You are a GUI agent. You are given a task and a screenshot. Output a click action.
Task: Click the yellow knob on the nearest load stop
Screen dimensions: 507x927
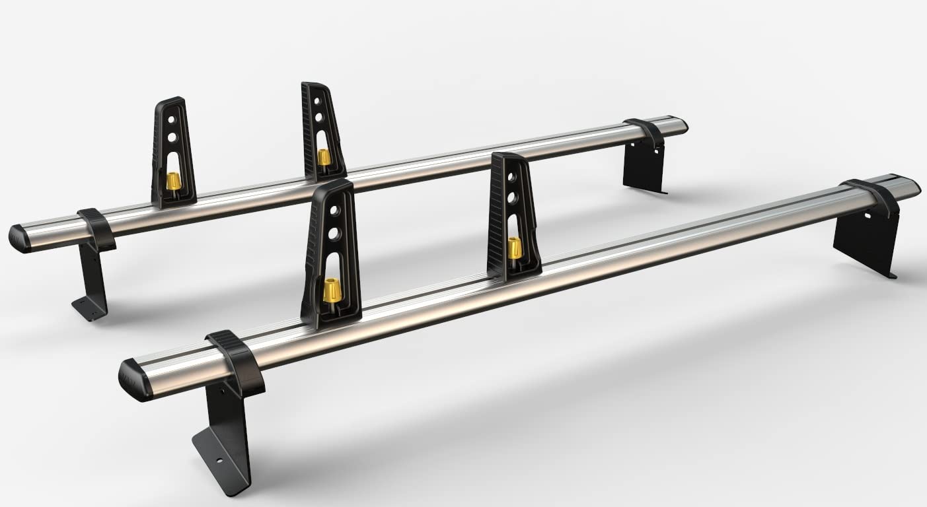(x=332, y=290)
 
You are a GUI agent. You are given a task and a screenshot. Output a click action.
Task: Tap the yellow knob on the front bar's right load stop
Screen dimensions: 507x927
(x=513, y=248)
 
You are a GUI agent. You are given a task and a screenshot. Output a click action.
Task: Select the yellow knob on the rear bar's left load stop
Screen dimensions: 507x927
(x=173, y=180)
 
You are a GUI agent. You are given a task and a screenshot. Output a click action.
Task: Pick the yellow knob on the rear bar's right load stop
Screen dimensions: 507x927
(x=323, y=157)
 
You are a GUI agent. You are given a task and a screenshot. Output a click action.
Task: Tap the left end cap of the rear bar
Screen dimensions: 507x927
(x=19, y=238)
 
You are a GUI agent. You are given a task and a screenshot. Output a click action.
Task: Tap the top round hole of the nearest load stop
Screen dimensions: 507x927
(x=336, y=211)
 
